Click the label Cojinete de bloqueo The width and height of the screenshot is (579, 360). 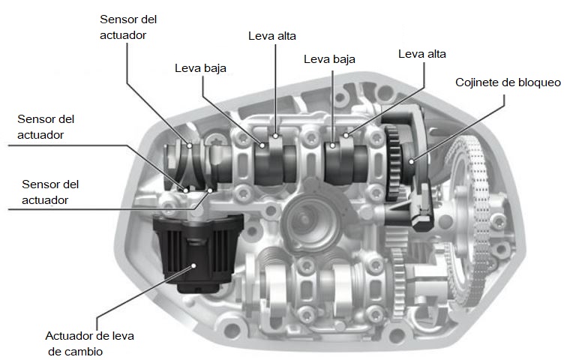click(x=508, y=82)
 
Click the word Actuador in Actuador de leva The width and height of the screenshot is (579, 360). click(x=68, y=336)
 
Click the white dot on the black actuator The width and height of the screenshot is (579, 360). click(x=193, y=265)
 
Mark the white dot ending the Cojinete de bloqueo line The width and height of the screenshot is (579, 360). click(x=411, y=161)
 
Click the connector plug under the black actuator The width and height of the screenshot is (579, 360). click(x=197, y=287)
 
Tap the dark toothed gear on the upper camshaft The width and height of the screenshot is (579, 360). click(x=393, y=163)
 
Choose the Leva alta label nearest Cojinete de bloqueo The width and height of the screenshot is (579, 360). click(x=422, y=54)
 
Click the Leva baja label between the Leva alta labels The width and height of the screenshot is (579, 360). click(x=329, y=59)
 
